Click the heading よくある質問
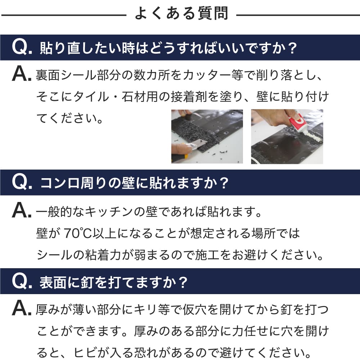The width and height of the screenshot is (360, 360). [181, 14]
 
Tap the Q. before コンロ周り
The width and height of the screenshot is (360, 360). [22, 183]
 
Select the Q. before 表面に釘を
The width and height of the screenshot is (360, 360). [22, 281]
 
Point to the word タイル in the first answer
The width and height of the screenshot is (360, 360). [89, 96]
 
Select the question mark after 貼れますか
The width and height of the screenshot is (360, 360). [224, 183]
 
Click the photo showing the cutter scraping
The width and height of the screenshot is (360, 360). [207, 136]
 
